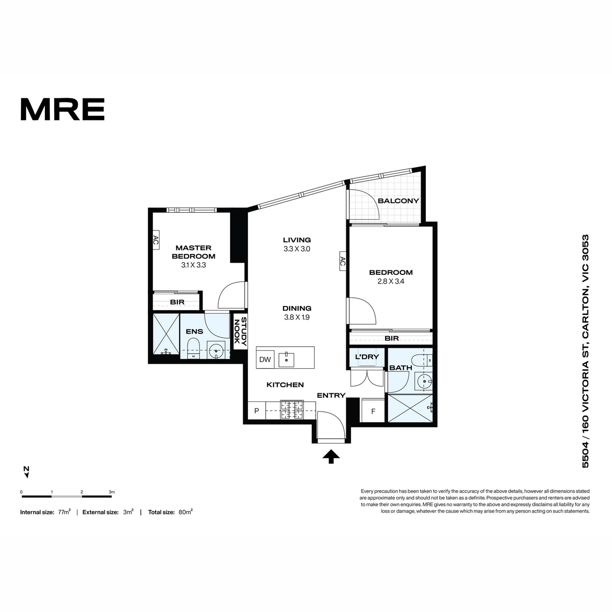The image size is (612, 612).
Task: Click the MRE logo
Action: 63,109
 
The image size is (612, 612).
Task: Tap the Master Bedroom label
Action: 193,252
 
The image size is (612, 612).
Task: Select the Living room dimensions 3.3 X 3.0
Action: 297,249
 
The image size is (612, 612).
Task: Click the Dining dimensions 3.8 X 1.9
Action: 297,317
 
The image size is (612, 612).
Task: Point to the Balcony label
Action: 398,201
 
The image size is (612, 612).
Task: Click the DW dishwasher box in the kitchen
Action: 265,359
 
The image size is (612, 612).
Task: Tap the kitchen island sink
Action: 286,360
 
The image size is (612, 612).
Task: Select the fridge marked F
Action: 373,411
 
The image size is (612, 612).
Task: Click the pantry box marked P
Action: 257,411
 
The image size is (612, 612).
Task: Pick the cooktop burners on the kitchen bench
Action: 291,411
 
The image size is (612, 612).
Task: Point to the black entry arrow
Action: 331,456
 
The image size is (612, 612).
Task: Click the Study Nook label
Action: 240,331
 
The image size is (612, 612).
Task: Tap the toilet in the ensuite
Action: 193,348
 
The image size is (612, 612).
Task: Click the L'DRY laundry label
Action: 367,356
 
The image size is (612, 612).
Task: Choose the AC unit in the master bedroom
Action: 156,240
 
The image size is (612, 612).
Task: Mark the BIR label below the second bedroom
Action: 392,339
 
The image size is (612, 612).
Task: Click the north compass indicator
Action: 27,472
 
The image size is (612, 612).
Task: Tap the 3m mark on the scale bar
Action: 112,492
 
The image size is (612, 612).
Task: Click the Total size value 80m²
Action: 186,512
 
